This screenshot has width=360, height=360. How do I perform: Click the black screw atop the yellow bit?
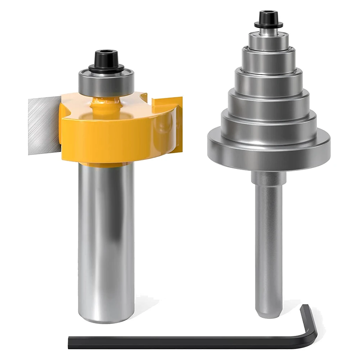tap(106, 57)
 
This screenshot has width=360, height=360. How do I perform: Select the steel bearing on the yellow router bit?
tap(106, 81)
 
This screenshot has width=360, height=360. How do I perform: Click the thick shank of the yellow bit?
tap(106, 234)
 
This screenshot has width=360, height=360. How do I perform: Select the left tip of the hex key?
tap(70, 340)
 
